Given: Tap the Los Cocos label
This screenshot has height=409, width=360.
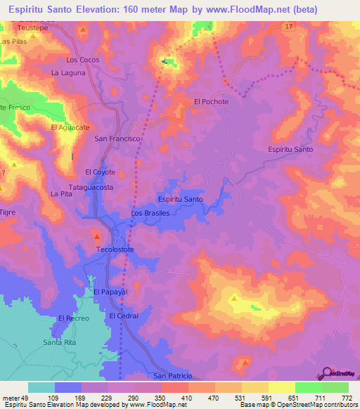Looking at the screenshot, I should tap(82, 60).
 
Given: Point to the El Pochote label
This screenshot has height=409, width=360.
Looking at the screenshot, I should tap(212, 102).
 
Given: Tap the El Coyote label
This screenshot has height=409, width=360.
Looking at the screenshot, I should tap(100, 171).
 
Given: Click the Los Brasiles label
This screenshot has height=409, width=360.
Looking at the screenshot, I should tap(151, 212).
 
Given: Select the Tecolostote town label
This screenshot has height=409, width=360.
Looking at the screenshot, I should tap(115, 249).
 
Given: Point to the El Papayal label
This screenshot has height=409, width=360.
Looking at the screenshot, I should tap(109, 291).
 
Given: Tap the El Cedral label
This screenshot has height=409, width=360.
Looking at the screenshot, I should tap(124, 316).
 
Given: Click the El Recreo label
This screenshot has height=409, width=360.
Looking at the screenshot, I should tap(76, 318).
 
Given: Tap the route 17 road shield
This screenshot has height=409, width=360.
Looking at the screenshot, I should tap(289, 26).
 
